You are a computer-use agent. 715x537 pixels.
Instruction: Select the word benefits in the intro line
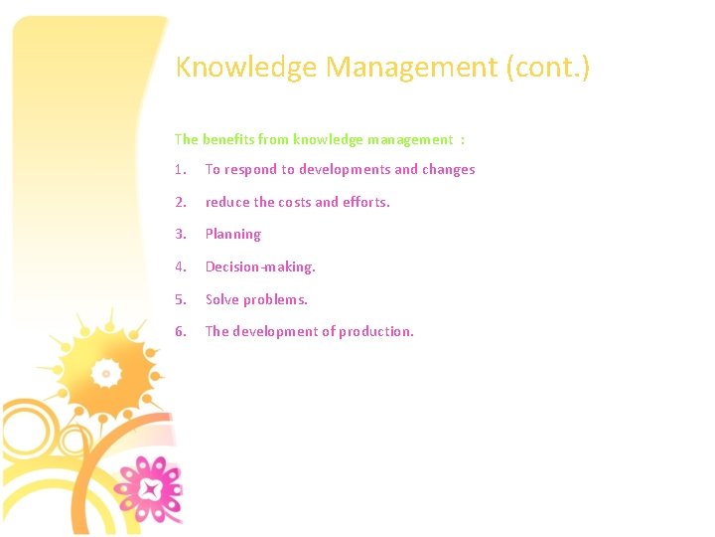pos(229,139)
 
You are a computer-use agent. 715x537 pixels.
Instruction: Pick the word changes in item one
pos(449,169)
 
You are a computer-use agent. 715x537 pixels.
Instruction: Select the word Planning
pos(233,235)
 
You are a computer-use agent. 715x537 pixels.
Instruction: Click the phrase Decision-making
pos(260,267)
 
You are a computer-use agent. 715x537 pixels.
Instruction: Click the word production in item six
pos(376,331)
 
